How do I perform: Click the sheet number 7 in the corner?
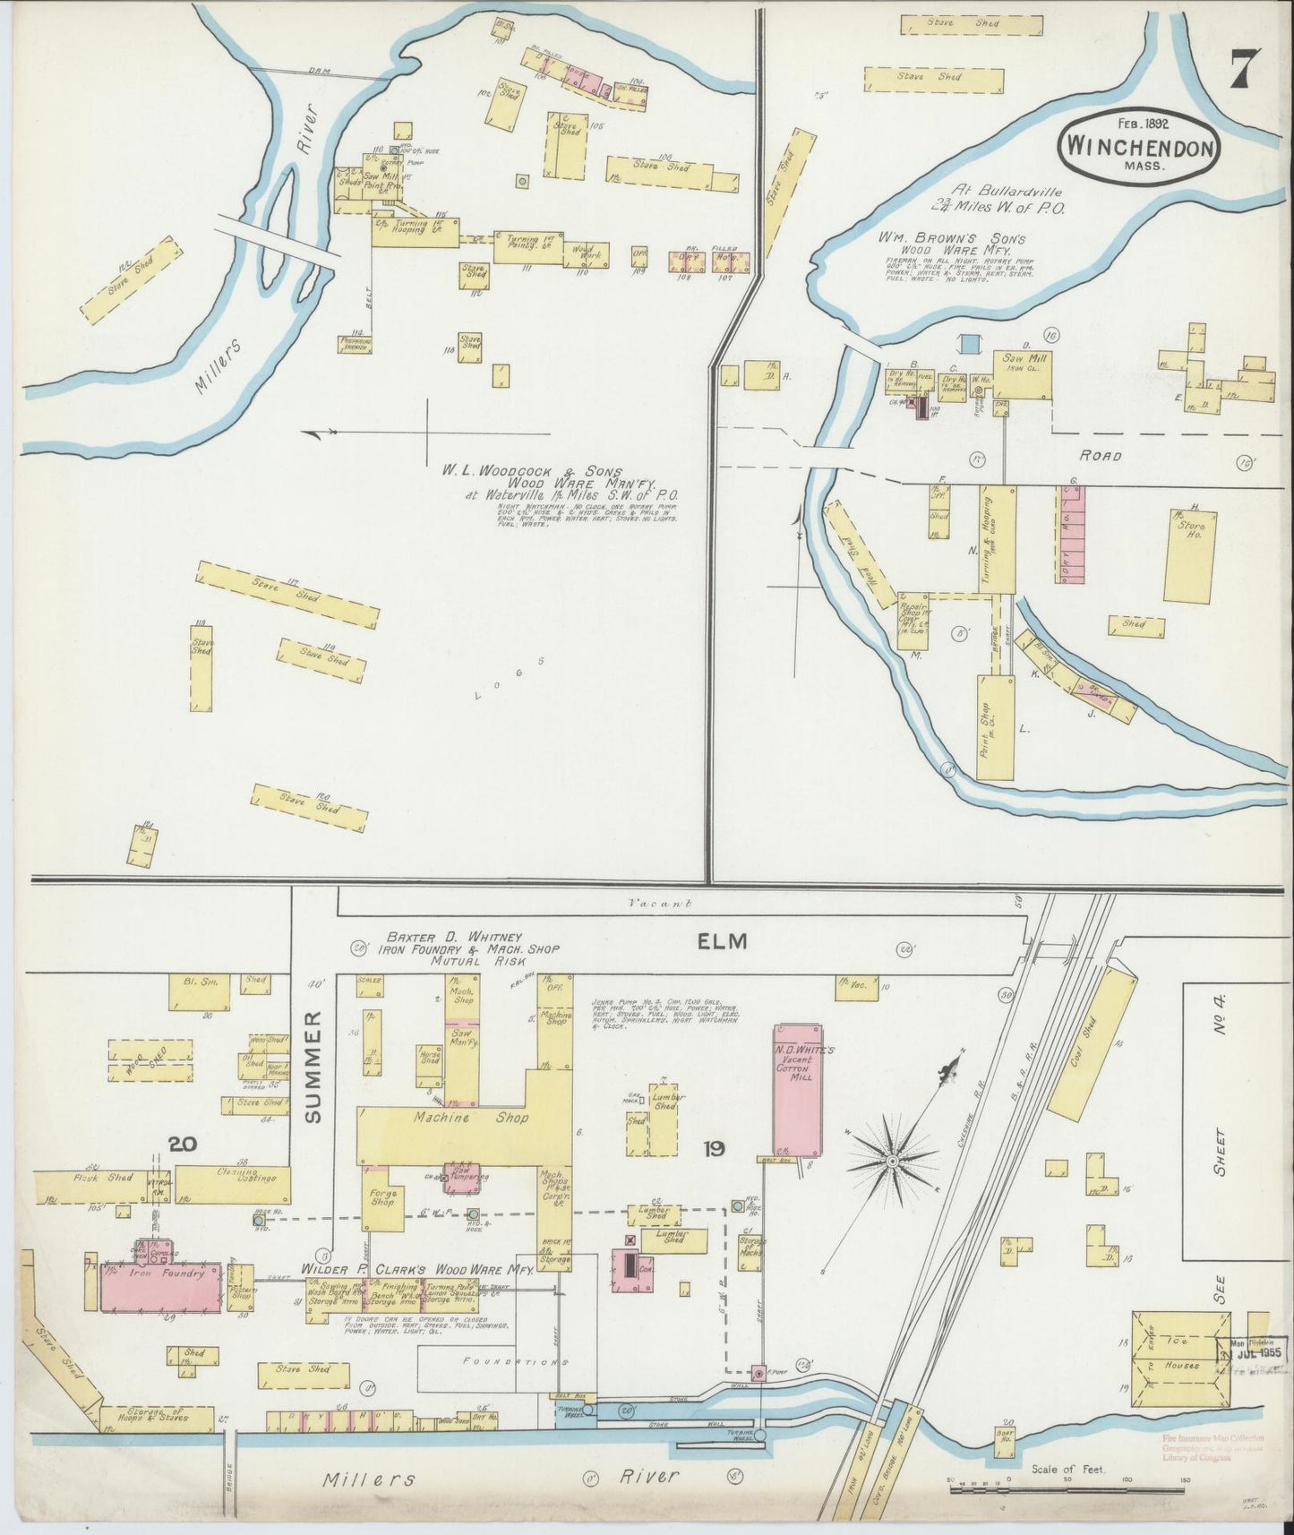point(1240,69)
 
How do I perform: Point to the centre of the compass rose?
point(892,1162)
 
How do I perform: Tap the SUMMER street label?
point(313,1067)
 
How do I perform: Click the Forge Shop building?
point(382,1198)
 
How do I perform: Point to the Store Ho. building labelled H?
point(1190,555)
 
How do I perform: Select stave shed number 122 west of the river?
point(126,280)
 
